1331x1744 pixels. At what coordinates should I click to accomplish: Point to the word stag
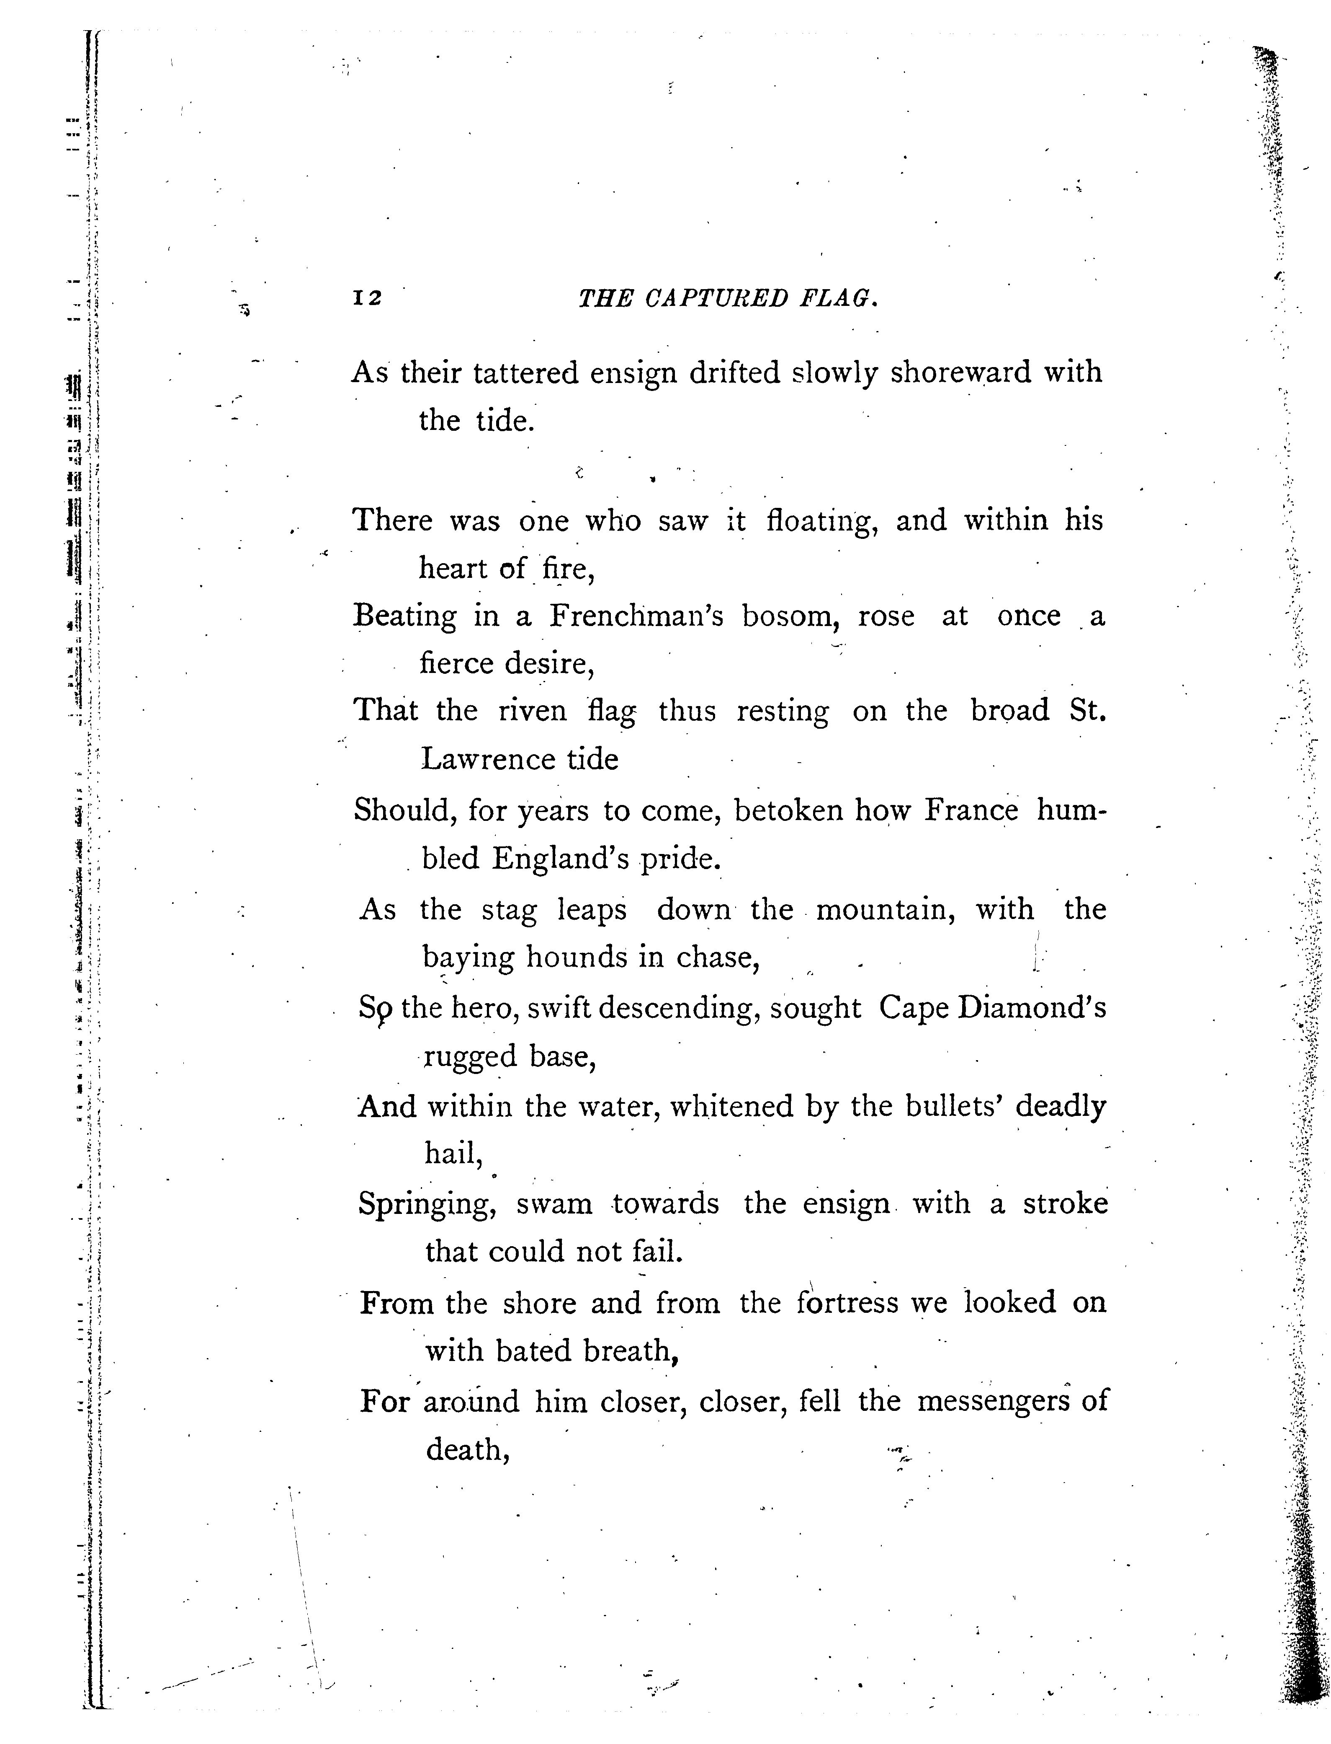coord(510,909)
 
